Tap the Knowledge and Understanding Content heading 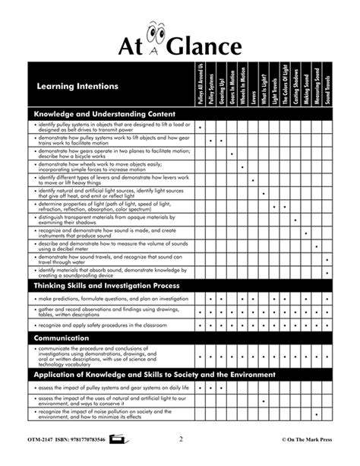pyautogui.click(x=105, y=113)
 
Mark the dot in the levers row pyautogui.click(x=253, y=180)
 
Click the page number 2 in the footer pyautogui.click(x=181, y=439)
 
